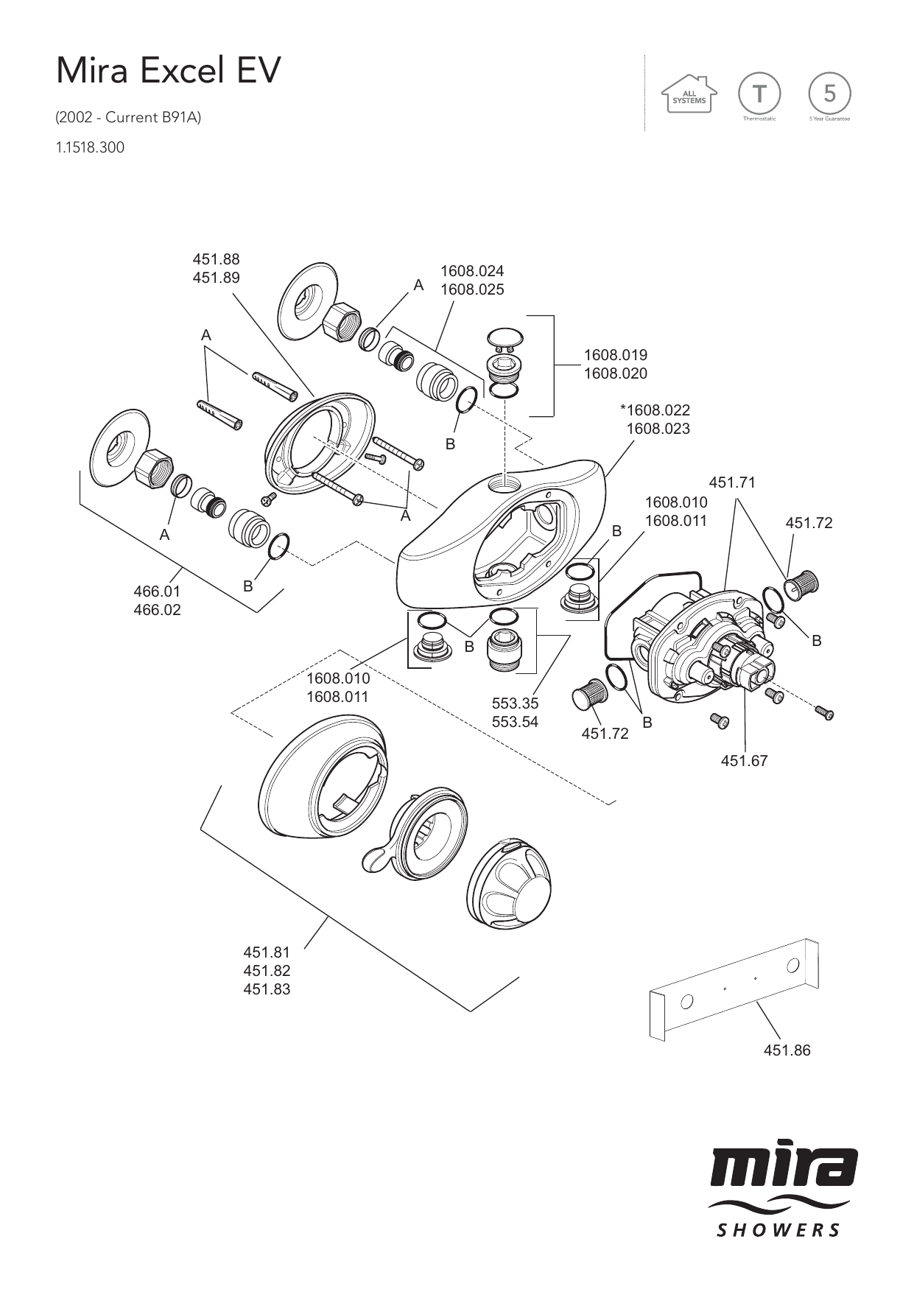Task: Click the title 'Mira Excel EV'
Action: click(x=169, y=71)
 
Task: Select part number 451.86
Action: click(x=787, y=1050)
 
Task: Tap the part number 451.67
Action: click(x=744, y=761)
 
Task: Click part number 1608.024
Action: click(x=472, y=271)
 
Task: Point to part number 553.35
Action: click(x=515, y=703)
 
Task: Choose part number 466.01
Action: click(x=157, y=591)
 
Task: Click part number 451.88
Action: click(x=216, y=259)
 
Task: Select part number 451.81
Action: click(x=267, y=952)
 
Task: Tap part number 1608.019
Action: click(x=616, y=355)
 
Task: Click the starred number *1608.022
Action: click(x=655, y=410)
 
